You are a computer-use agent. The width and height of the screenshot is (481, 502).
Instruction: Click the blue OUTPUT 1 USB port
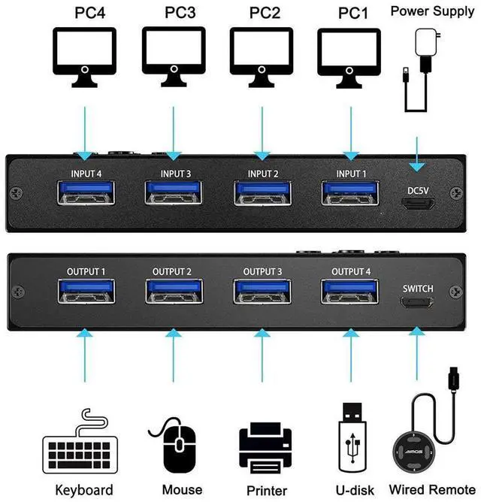tap(86, 292)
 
